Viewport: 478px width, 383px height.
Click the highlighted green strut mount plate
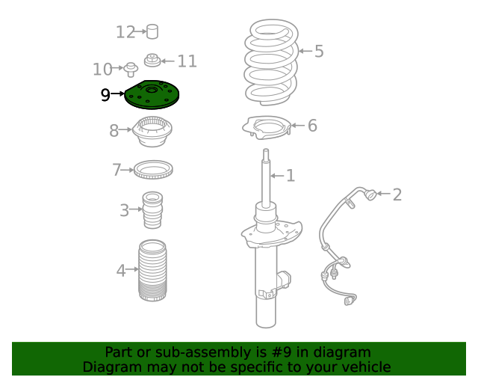152,95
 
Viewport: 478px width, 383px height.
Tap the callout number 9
105,95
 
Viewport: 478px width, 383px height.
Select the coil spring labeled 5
271,62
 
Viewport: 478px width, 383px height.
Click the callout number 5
319,51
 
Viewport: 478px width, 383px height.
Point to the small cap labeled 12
152,31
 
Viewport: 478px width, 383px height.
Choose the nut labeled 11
152,60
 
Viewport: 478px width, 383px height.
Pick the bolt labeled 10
131,70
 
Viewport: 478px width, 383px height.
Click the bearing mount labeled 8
152,132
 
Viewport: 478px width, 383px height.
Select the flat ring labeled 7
153,170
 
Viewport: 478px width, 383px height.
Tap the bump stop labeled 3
152,210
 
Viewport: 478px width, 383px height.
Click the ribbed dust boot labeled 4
152,271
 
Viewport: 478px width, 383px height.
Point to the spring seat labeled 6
267,128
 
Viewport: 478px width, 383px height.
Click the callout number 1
291,176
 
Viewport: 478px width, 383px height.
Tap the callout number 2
397,194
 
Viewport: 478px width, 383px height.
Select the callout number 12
125,32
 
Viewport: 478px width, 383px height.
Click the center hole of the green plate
152,91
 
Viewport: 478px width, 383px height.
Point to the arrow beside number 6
298,125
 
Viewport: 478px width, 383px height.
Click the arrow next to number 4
132,269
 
